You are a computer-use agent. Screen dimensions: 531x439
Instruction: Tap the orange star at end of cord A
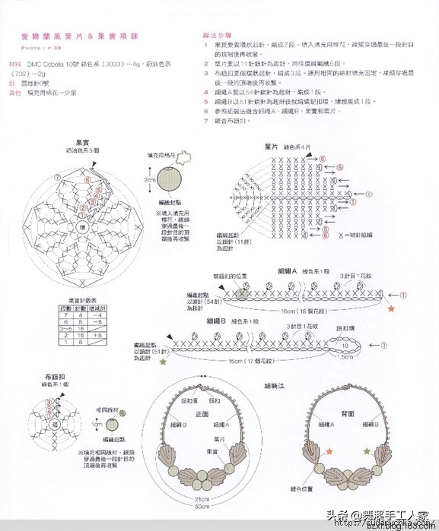pyautogui.click(x=391, y=310)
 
